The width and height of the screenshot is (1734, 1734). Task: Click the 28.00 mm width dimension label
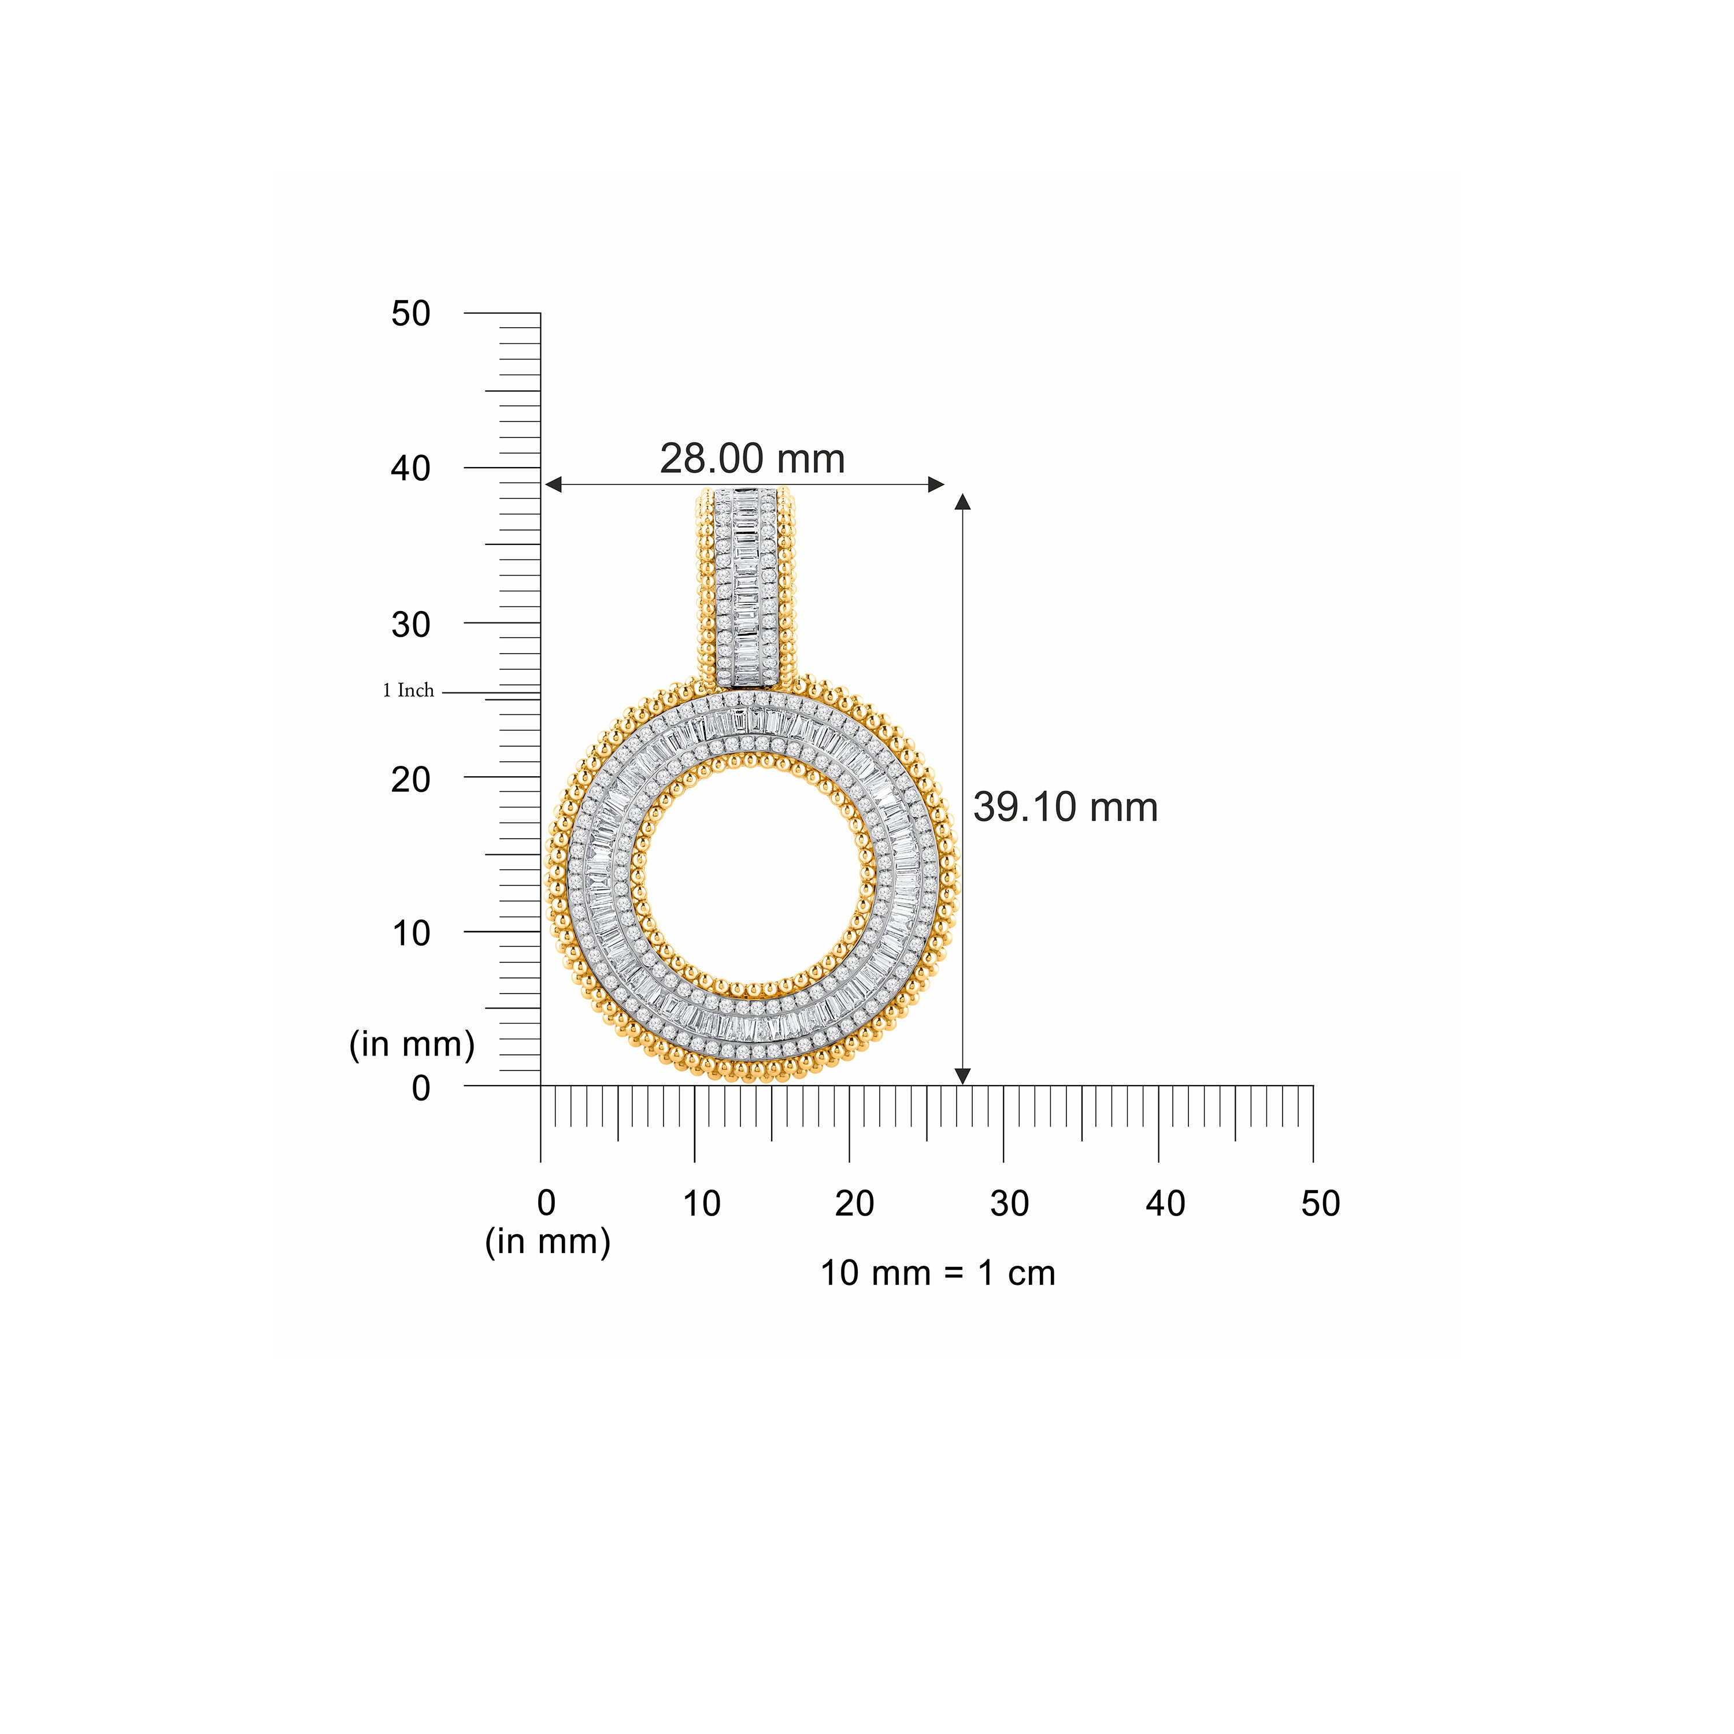(x=752, y=460)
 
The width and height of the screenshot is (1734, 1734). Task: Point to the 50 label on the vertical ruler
(x=410, y=314)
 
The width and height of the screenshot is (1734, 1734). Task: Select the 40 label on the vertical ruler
(x=410, y=469)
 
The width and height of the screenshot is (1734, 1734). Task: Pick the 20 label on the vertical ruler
(x=410, y=779)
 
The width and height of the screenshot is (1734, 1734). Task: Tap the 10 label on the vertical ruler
(x=410, y=933)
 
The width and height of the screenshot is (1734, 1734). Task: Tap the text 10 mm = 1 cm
(x=938, y=1273)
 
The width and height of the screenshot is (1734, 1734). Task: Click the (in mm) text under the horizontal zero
(x=547, y=1242)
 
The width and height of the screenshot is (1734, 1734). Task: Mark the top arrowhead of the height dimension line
(x=963, y=501)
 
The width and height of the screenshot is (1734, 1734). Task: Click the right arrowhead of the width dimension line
(x=937, y=485)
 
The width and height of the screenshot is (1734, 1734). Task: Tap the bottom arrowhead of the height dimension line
(x=963, y=1076)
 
